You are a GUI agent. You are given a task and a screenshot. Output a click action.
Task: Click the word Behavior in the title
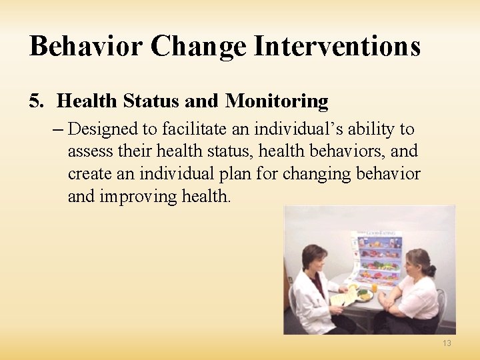point(85,47)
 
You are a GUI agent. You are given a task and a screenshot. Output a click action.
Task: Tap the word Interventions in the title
point(338,47)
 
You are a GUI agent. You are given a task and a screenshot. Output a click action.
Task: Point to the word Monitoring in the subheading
point(277,101)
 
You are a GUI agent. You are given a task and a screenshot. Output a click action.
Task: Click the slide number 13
point(446,343)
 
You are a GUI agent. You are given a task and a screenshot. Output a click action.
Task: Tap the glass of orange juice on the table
point(374,289)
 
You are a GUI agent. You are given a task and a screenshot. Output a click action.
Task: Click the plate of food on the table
point(365,295)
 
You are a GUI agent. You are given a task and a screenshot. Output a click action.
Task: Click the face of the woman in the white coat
point(314,261)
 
